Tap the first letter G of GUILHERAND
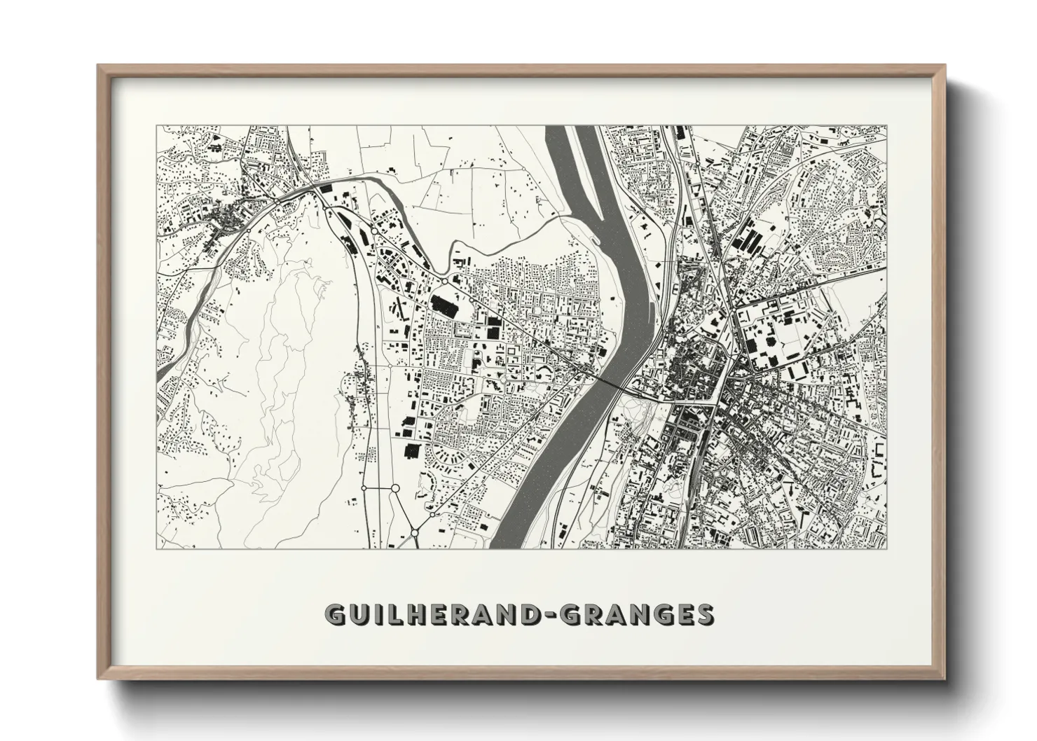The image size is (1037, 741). tap(335, 614)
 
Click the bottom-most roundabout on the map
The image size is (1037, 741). tap(414, 534)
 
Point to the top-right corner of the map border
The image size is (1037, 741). tap(886, 126)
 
